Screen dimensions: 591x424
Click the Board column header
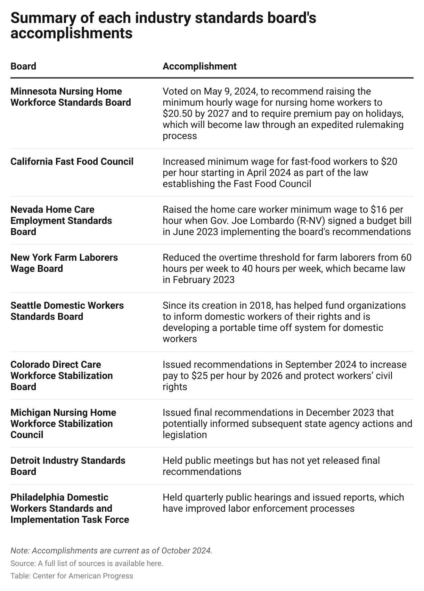[23, 66]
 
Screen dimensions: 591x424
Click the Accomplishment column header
[199, 66]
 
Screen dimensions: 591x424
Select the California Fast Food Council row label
[72, 162]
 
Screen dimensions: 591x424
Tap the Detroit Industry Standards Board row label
[68, 466]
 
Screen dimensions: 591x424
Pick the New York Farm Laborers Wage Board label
[64, 263]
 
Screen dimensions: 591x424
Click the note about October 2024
[111, 551]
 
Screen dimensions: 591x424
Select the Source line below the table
[87, 563]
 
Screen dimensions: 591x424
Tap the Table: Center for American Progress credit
[72, 576]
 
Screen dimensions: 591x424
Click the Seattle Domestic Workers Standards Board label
[67, 311]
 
